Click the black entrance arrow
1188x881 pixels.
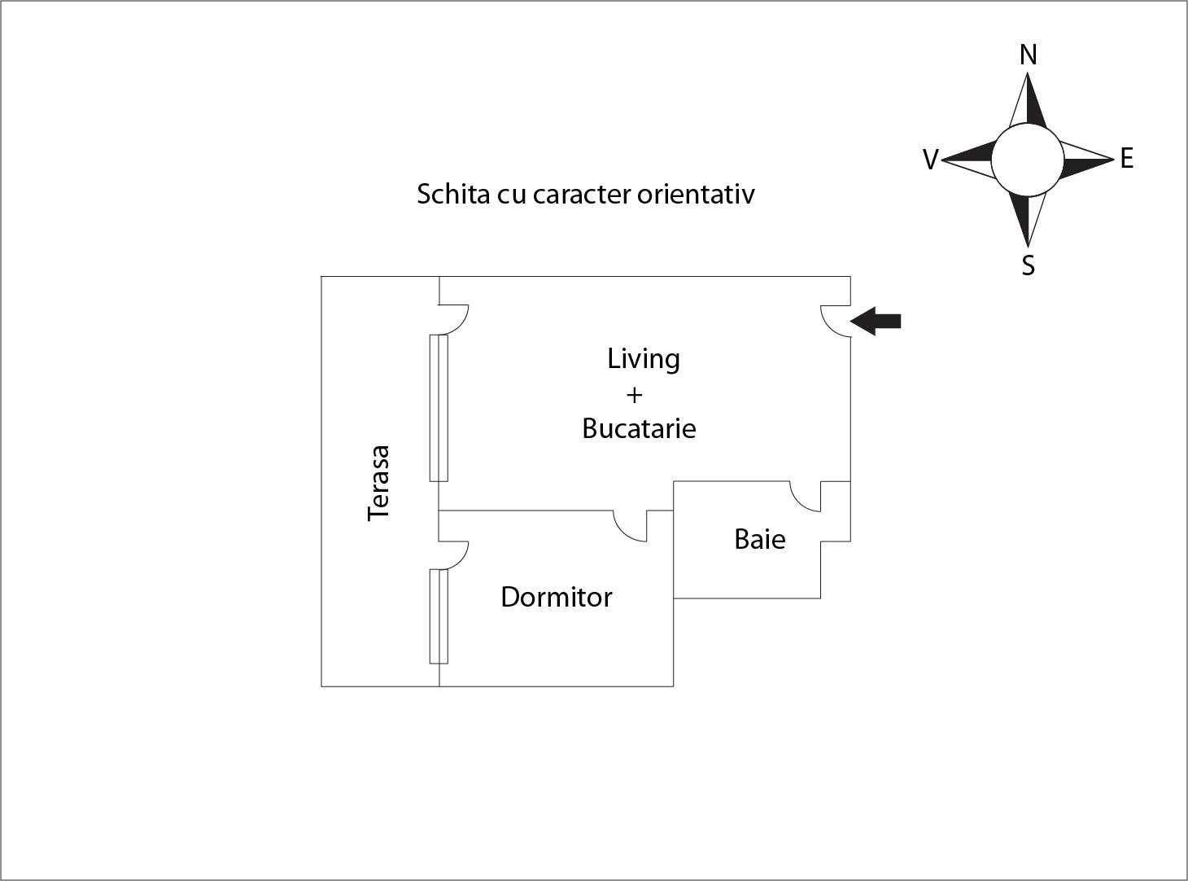pos(876,321)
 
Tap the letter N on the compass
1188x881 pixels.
pos(1029,55)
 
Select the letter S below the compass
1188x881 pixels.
pos(1029,265)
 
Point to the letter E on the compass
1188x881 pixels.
pos(1126,158)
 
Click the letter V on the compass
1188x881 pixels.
pos(931,160)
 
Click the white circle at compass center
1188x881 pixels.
pos(1027,160)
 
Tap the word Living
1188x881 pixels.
pos(643,359)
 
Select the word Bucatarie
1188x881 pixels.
pos(639,428)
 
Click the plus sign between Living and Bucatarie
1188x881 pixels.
pos(634,396)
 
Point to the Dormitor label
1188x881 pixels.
pos(556,597)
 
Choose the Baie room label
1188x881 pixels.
pos(759,539)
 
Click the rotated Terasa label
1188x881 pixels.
pos(378,483)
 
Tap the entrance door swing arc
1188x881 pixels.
pos(833,320)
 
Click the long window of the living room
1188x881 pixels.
pos(439,407)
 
